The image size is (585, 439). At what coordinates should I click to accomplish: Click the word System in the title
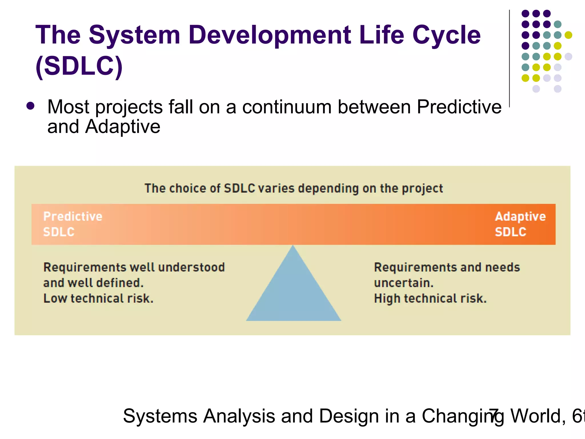click(134, 36)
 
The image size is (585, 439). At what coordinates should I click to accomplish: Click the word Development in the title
click(269, 36)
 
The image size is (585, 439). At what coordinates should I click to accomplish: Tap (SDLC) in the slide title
click(79, 66)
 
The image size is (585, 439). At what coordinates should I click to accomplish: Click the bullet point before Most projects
click(30, 106)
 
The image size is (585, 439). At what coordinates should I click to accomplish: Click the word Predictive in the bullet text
click(459, 107)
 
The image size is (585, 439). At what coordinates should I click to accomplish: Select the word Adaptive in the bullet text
click(123, 127)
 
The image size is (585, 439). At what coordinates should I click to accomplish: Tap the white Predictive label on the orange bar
click(73, 216)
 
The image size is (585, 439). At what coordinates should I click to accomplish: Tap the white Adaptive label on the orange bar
click(520, 217)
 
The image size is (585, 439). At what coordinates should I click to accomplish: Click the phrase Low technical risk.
click(98, 298)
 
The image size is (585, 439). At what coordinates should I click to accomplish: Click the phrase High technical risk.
click(430, 298)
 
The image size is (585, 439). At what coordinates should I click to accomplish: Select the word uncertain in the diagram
click(404, 283)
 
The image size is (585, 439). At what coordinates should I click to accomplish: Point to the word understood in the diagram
click(191, 268)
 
